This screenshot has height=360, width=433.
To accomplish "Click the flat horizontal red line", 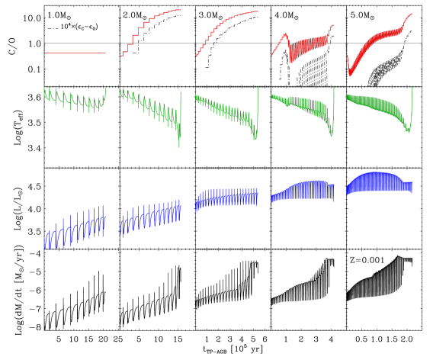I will (x=75, y=53).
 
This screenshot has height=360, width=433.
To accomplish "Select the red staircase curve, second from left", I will (x=140, y=30).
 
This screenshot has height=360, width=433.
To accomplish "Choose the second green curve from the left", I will (x=150, y=107).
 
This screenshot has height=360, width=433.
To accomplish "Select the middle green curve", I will (x=226, y=111).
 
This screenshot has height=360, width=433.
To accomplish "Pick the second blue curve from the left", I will (x=150, y=217).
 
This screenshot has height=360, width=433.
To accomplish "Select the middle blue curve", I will (x=226, y=198).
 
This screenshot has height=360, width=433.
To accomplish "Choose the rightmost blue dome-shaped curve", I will (x=379, y=183).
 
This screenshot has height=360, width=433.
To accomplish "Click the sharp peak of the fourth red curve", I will (x=286, y=34).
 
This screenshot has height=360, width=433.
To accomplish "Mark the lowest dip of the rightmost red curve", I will (x=350, y=75).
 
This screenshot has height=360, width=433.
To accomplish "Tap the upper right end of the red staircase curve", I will (x=180, y=10).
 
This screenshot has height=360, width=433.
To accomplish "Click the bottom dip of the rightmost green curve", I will (x=408, y=132).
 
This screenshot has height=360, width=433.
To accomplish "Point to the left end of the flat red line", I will (x=46, y=53).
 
